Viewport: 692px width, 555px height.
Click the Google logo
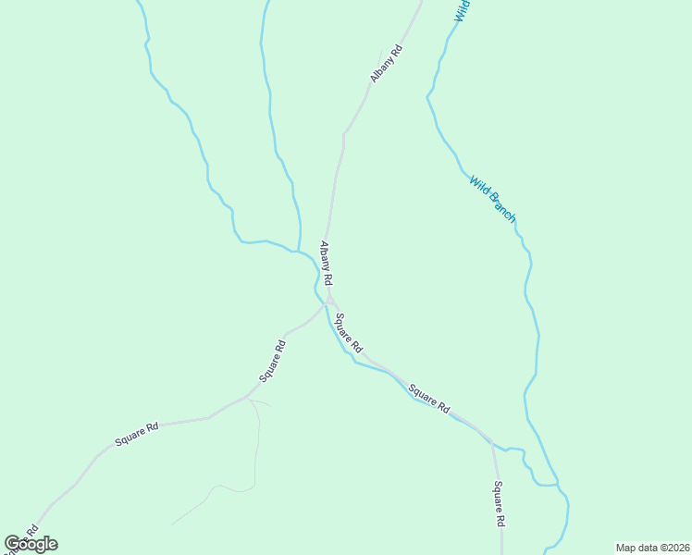[31, 544]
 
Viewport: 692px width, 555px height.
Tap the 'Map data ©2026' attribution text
[652, 548]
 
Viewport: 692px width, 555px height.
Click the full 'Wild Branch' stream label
[491, 199]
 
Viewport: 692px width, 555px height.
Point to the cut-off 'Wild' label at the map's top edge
[463, 10]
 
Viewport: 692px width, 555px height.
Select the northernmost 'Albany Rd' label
[387, 64]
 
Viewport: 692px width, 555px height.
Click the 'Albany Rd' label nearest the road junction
[326, 263]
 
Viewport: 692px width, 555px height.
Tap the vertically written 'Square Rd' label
[499, 504]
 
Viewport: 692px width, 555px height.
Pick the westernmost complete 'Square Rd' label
[137, 434]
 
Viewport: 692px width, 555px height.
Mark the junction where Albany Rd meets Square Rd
[328, 302]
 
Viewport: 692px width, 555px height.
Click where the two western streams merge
[298, 251]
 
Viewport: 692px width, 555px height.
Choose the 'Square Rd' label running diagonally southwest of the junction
[272, 362]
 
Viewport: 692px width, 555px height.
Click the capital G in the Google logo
[12, 543]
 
